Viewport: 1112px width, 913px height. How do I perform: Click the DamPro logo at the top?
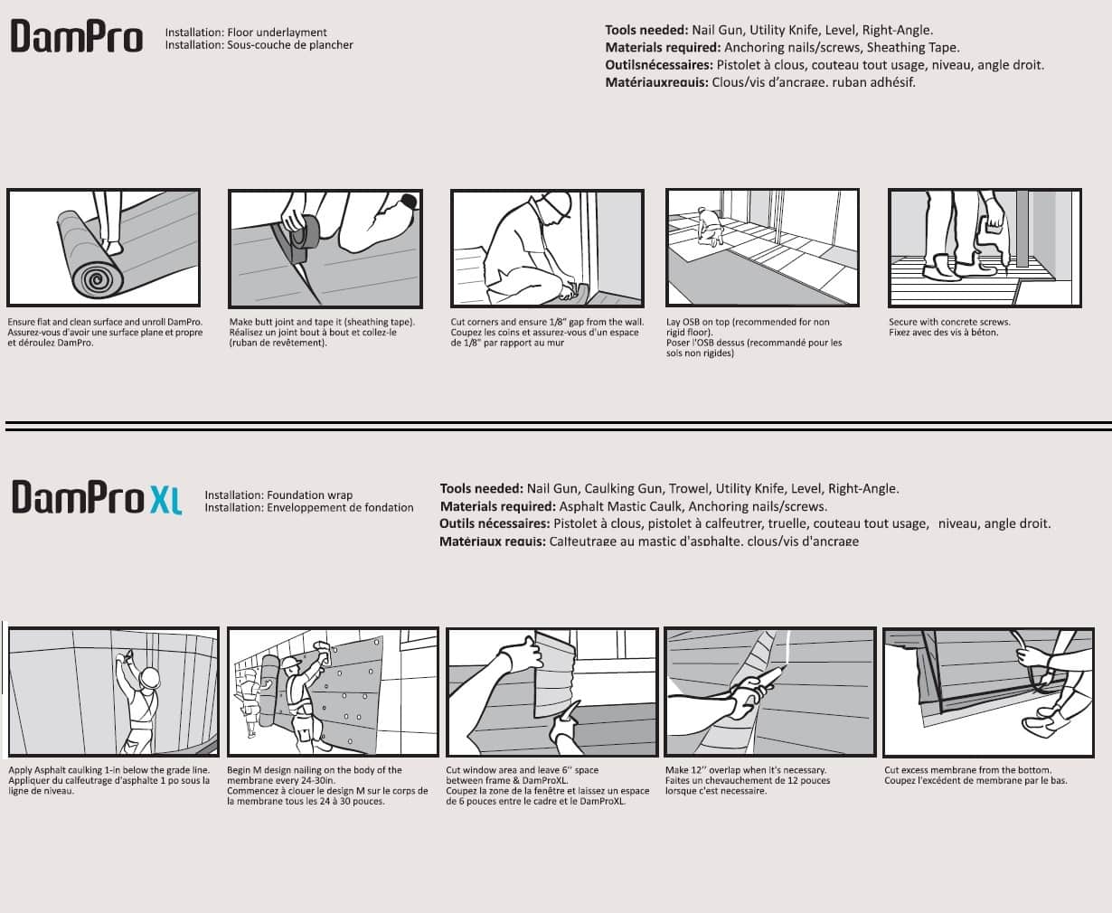pos(77,38)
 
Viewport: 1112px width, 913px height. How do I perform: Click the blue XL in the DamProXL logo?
pos(166,498)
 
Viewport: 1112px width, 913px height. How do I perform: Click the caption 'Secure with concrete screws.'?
pos(949,322)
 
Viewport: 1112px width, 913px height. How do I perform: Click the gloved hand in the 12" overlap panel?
pos(746,695)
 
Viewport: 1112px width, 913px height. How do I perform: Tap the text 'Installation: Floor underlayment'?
pos(246,33)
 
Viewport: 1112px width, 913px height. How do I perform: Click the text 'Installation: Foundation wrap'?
pos(278,495)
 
